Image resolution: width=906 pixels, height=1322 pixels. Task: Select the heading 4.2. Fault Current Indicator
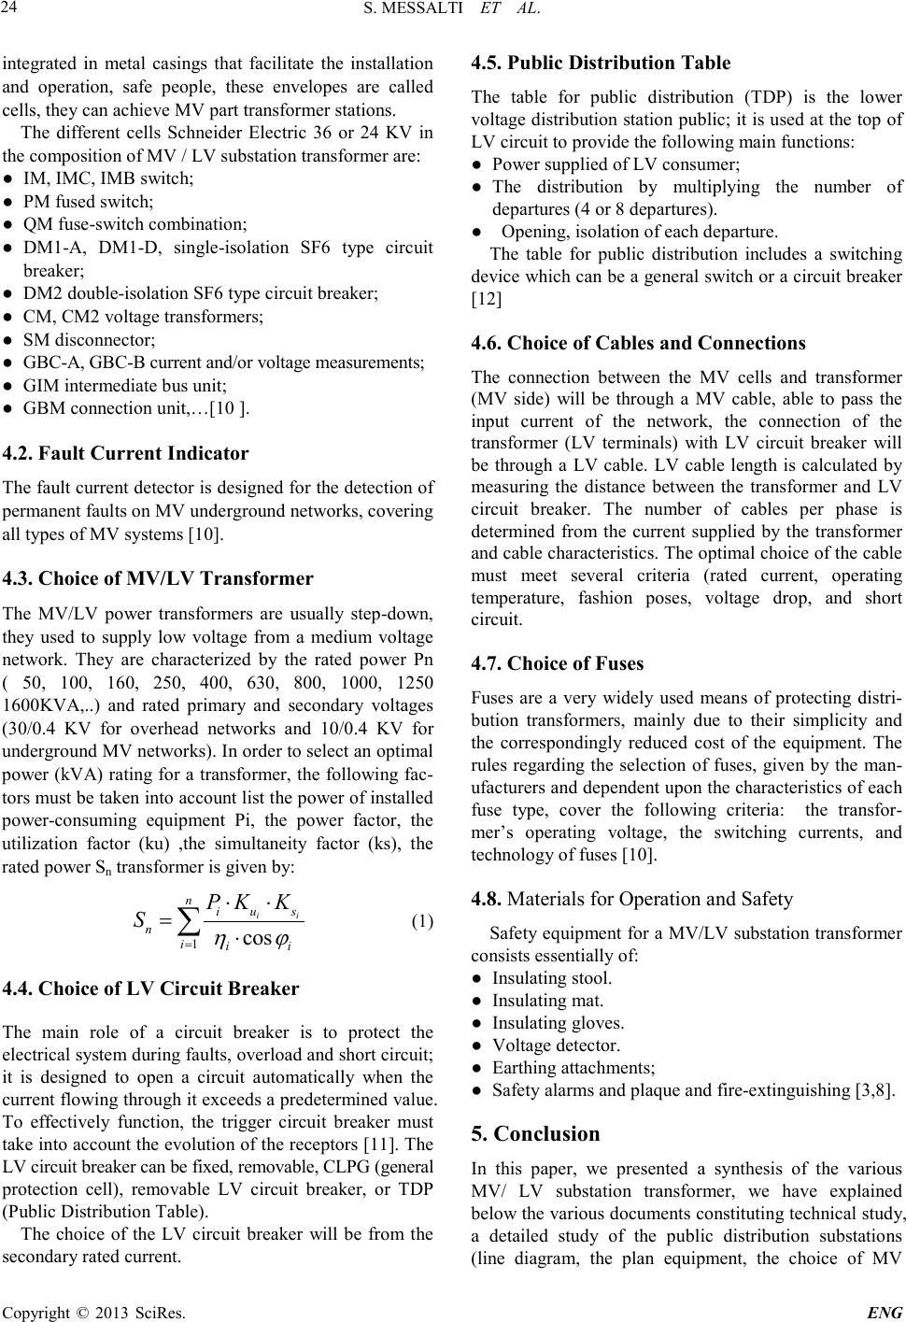coord(126,454)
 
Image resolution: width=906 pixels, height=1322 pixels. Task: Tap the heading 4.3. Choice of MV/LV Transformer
coord(159,577)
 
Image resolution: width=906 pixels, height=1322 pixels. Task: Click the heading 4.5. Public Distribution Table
coord(602,64)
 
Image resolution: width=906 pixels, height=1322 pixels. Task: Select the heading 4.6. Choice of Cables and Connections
coord(639,343)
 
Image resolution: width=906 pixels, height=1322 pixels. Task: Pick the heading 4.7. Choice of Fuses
coord(558,664)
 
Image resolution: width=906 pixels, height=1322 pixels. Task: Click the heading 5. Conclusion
coord(536,1134)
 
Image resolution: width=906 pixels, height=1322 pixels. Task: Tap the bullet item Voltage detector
coord(556,1045)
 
